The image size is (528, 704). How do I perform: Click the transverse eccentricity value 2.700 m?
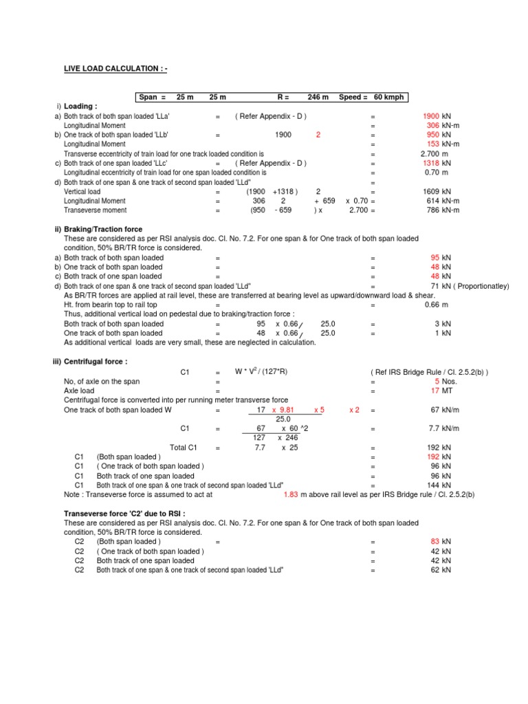coord(434,154)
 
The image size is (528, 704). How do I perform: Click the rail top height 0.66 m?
coord(438,304)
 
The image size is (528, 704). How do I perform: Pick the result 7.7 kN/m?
coord(439,428)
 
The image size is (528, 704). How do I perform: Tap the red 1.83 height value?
coord(291,494)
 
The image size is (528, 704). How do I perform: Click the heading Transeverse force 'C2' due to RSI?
coord(124,514)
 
